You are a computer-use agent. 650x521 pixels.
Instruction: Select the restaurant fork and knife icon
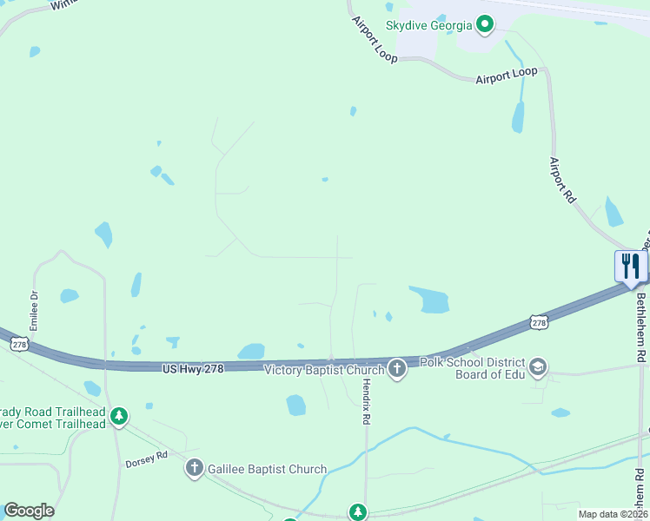point(630,266)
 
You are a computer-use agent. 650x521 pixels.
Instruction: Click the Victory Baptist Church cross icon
point(397,369)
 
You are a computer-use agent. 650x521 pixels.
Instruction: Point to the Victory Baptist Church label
point(323,369)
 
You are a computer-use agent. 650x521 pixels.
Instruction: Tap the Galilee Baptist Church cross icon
point(194,469)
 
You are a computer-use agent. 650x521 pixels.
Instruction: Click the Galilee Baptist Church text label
point(267,470)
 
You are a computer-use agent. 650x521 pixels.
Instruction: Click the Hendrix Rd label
point(367,400)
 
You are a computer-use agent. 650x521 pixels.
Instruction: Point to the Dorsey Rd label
point(145,458)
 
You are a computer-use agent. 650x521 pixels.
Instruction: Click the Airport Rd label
point(562,181)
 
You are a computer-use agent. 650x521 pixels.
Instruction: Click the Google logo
point(29,511)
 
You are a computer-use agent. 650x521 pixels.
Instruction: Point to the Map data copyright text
point(613,514)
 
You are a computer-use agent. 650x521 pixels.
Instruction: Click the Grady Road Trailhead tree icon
point(119,418)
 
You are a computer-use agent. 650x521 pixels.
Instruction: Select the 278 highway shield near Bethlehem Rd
point(538,322)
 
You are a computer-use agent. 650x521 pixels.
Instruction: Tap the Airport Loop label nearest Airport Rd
point(507,76)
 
